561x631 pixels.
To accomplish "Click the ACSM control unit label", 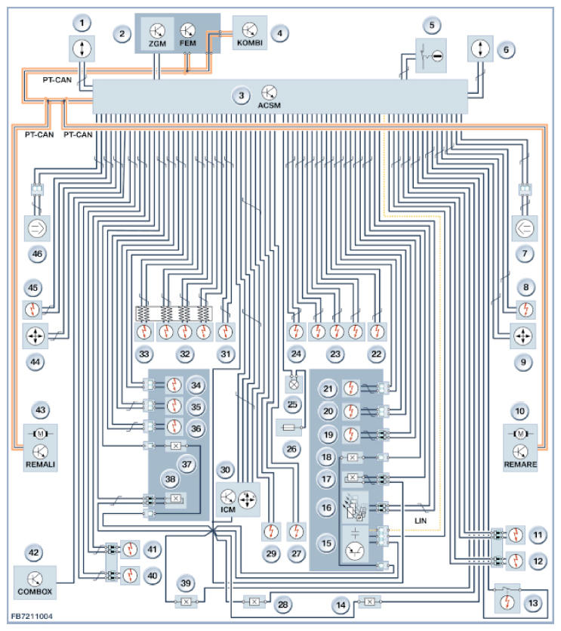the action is click(269, 105).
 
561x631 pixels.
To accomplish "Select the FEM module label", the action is click(188, 43).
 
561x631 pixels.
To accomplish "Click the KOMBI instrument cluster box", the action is click(250, 33).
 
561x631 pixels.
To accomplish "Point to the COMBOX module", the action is click(35, 582).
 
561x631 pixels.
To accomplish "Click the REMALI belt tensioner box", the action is click(40, 447).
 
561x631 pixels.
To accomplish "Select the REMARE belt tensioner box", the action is click(520, 447).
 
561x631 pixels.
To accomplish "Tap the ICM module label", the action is click(227, 509).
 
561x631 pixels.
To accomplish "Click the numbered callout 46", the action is click(37, 254).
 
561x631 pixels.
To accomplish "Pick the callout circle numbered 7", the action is click(525, 254).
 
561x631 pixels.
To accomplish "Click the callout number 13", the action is click(533, 603).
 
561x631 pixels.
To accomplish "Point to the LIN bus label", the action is click(421, 521).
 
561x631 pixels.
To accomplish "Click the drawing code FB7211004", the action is click(32, 616).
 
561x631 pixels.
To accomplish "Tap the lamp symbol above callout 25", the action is click(294, 385).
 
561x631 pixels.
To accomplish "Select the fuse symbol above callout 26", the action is click(289, 428).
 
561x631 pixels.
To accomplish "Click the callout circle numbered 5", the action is click(432, 26).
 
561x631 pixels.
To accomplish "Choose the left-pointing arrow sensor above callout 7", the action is click(525, 228).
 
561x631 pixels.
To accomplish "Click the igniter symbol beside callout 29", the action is click(271, 531).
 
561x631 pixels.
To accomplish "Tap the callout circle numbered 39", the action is click(186, 583).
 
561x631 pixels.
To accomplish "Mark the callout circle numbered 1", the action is click(82, 23).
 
